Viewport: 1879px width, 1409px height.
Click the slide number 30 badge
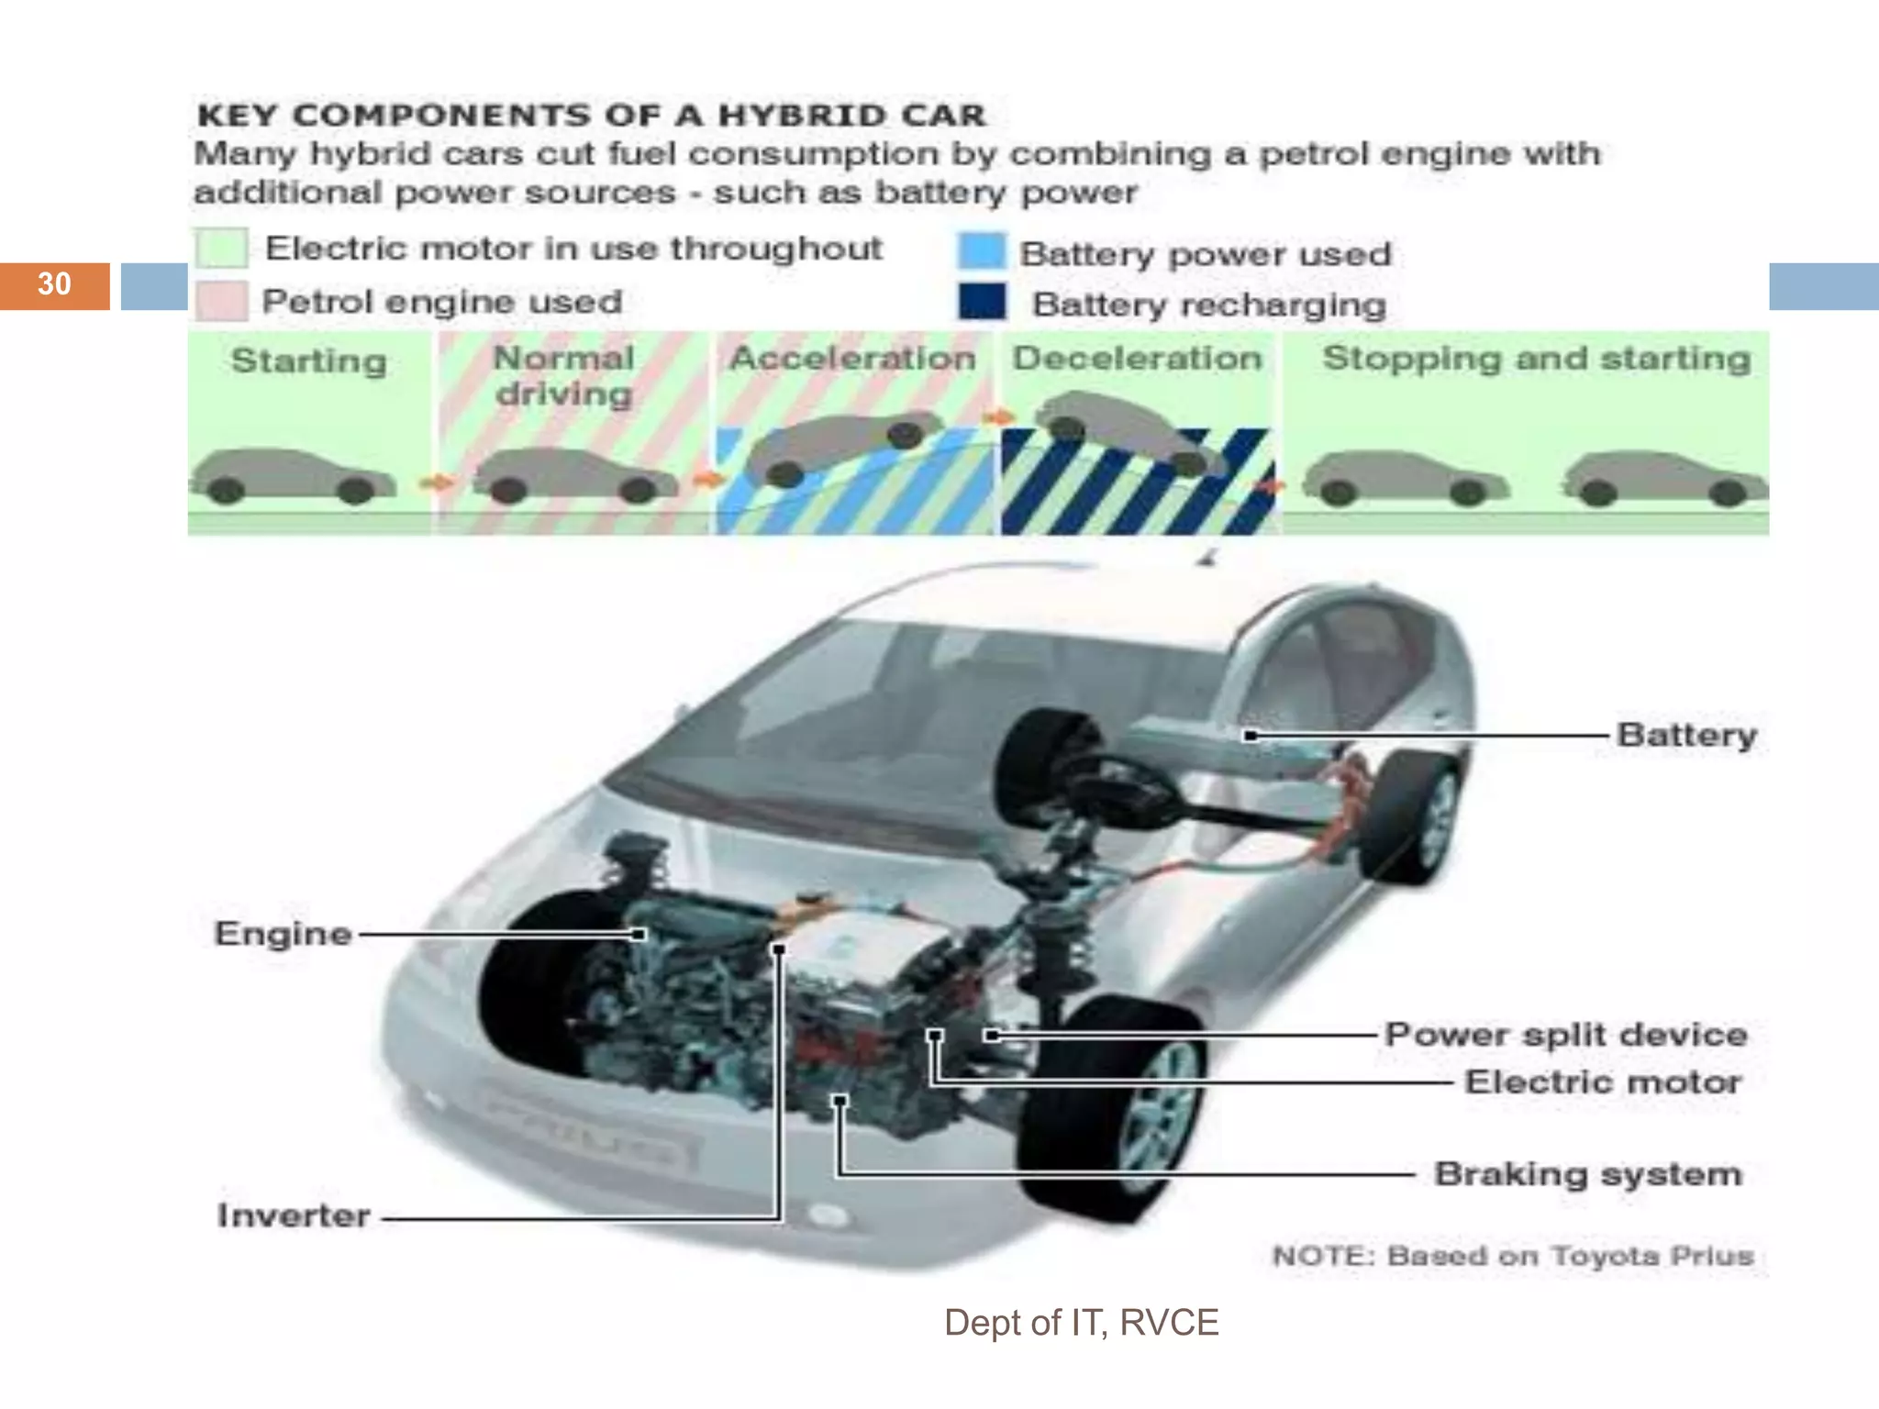click(x=54, y=284)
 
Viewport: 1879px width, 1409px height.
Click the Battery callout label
click(x=1686, y=735)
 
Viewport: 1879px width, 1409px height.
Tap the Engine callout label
click(x=284, y=934)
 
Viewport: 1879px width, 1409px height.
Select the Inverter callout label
click(x=294, y=1215)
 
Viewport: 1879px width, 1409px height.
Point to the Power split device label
click(x=1565, y=1035)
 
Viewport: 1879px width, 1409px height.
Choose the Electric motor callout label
click(x=1602, y=1082)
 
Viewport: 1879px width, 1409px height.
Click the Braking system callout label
click(x=1587, y=1174)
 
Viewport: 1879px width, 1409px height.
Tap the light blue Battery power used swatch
click(x=982, y=251)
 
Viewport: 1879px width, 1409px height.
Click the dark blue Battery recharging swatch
click(x=982, y=302)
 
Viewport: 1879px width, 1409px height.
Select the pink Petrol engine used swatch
click(x=221, y=302)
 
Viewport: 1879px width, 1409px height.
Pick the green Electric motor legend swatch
click(x=221, y=248)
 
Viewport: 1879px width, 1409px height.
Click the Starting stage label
click(x=308, y=361)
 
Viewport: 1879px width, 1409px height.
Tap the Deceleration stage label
click(x=1137, y=358)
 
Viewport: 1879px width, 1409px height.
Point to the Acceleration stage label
click(x=851, y=358)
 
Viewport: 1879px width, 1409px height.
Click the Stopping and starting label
click(x=1536, y=358)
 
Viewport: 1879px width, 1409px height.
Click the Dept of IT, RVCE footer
click(x=1081, y=1323)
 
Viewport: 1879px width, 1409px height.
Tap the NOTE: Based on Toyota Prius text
click(x=1512, y=1256)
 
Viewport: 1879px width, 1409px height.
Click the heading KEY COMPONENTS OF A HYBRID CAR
click(x=591, y=116)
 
